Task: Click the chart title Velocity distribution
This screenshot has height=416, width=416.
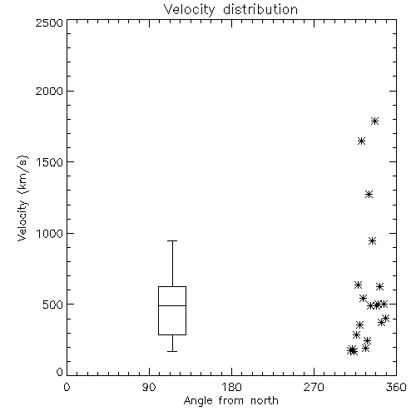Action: point(230,9)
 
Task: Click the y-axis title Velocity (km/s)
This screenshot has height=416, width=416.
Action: point(22,198)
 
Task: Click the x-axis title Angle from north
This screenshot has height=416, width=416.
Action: point(230,401)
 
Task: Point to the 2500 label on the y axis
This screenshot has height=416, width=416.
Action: point(49,22)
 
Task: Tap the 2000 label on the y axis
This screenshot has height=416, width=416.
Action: point(49,91)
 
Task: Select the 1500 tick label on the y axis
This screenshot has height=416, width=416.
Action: point(50,162)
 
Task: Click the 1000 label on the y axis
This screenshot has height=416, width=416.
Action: point(50,234)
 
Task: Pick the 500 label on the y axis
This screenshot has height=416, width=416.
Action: point(53,305)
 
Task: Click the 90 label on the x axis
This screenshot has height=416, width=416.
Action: point(149,387)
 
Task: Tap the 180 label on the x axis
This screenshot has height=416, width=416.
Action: point(231,387)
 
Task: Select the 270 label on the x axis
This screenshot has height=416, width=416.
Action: point(314,387)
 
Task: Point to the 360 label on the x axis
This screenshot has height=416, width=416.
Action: point(396,387)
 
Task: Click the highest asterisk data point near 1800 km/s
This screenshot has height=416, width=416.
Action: point(374,121)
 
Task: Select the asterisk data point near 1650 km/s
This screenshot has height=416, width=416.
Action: point(361,141)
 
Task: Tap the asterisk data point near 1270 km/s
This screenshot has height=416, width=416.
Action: point(369,194)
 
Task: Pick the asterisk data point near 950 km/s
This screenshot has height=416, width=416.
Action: point(372,240)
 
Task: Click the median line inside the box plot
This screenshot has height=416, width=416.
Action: point(172,305)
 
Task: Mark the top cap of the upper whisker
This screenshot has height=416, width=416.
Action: point(172,240)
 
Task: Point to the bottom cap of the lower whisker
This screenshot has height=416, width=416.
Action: point(172,351)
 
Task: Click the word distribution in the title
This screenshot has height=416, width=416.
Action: point(260,9)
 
